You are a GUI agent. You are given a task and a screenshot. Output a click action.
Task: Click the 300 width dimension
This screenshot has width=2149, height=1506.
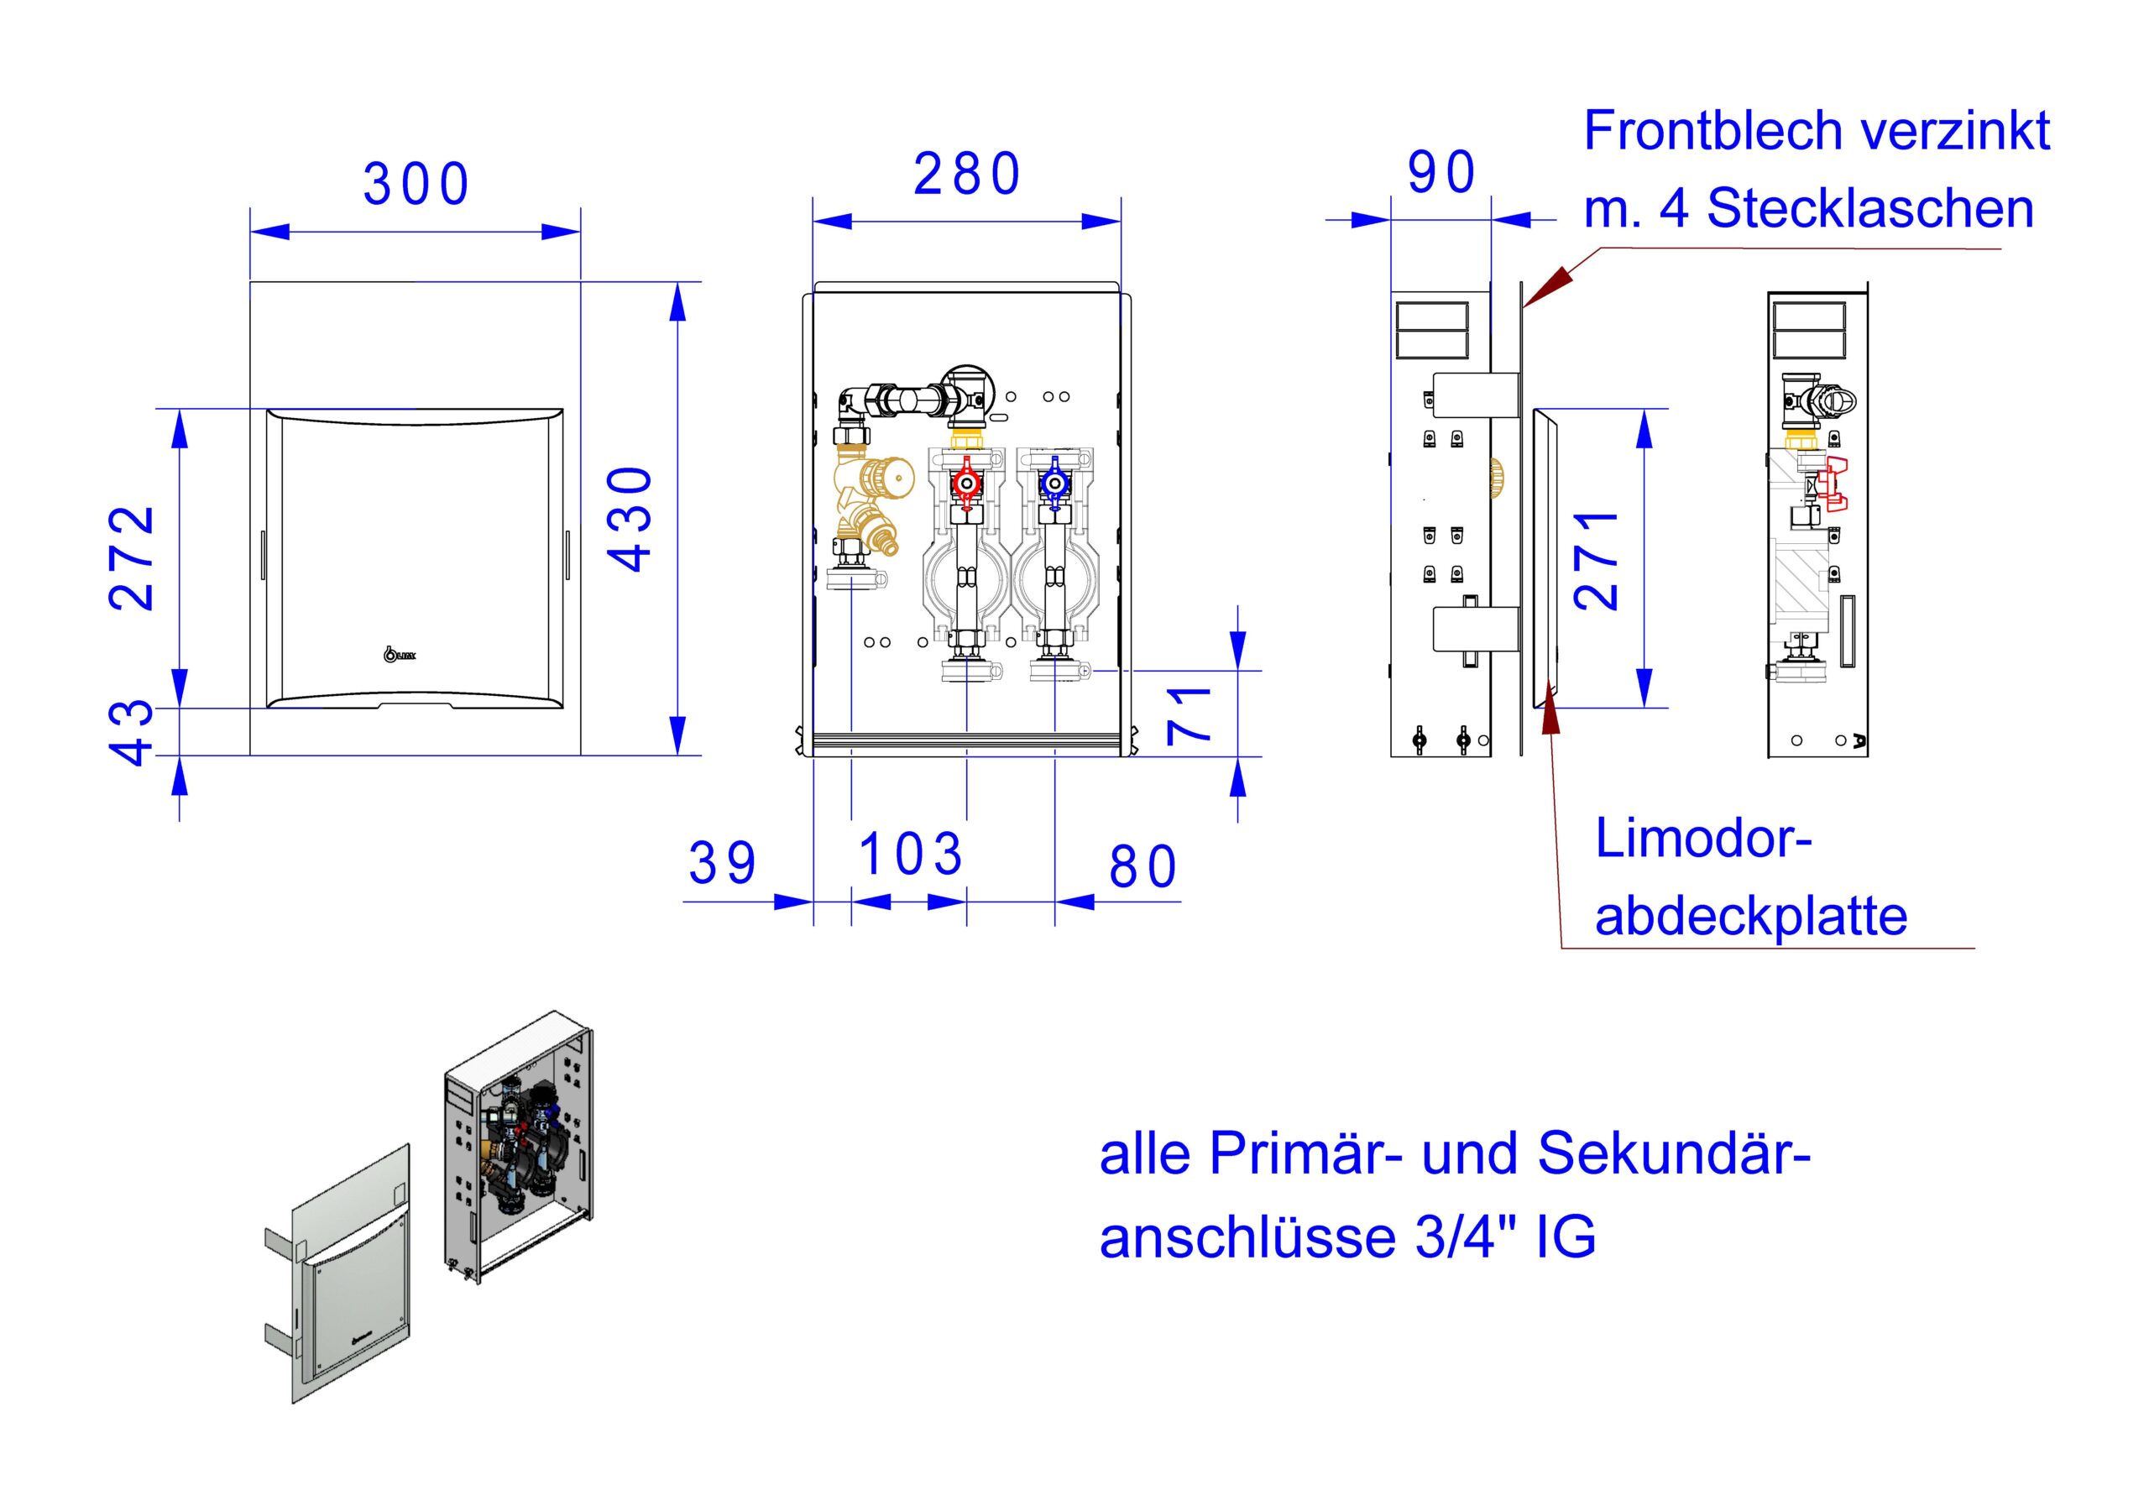[416, 185]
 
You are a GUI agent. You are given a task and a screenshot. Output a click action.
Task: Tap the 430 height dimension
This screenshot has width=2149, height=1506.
[630, 519]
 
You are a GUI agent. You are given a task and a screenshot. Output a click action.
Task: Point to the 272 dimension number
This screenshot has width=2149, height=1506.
[132, 558]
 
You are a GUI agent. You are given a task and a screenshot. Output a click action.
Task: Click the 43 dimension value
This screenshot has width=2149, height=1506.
[132, 733]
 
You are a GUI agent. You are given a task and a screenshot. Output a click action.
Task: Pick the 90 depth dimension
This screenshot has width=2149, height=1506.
[1441, 172]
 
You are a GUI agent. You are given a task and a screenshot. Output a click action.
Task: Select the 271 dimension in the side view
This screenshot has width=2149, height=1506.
[1596, 561]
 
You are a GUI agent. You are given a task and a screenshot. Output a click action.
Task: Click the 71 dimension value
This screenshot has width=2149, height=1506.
[1190, 715]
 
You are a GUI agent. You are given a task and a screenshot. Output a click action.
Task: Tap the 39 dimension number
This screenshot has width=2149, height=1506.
[722, 863]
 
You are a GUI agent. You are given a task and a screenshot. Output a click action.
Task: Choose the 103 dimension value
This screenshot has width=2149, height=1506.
[910, 854]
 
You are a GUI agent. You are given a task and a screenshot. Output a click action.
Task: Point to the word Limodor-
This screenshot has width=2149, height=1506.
[1703, 838]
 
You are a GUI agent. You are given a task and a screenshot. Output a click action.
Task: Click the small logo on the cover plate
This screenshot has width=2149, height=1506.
[400, 653]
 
